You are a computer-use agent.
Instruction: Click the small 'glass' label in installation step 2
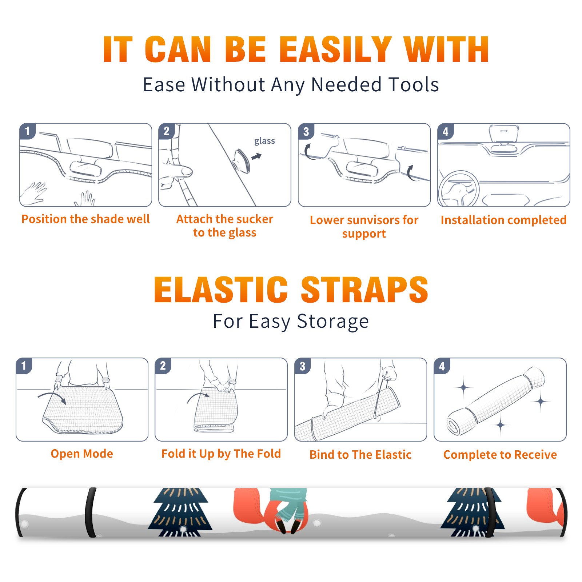point(264,141)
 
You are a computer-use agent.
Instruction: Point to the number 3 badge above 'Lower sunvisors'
point(306,131)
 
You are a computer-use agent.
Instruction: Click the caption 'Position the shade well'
point(85,219)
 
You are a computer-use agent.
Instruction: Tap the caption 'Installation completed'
point(503,220)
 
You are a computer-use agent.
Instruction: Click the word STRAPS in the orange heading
point(364,290)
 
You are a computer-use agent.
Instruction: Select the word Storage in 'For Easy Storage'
point(333,322)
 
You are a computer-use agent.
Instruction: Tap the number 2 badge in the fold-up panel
point(163,366)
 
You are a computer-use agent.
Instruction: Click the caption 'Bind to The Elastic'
point(360,455)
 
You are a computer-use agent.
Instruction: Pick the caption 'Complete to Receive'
point(500,455)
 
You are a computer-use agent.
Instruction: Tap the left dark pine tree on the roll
point(180,512)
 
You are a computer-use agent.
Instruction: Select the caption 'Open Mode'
point(82,454)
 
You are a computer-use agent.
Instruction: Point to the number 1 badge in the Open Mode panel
point(24,366)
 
